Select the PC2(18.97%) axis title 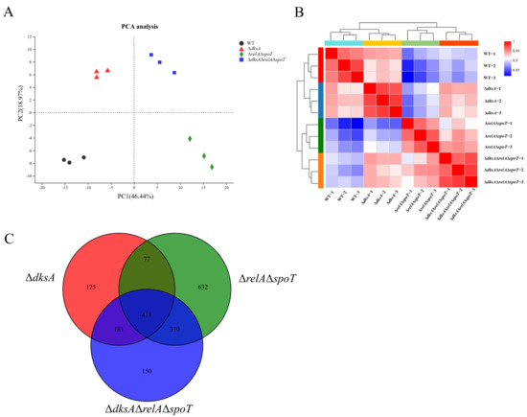pyautogui.click(x=19, y=113)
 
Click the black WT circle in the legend pyautogui.click(x=239, y=42)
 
